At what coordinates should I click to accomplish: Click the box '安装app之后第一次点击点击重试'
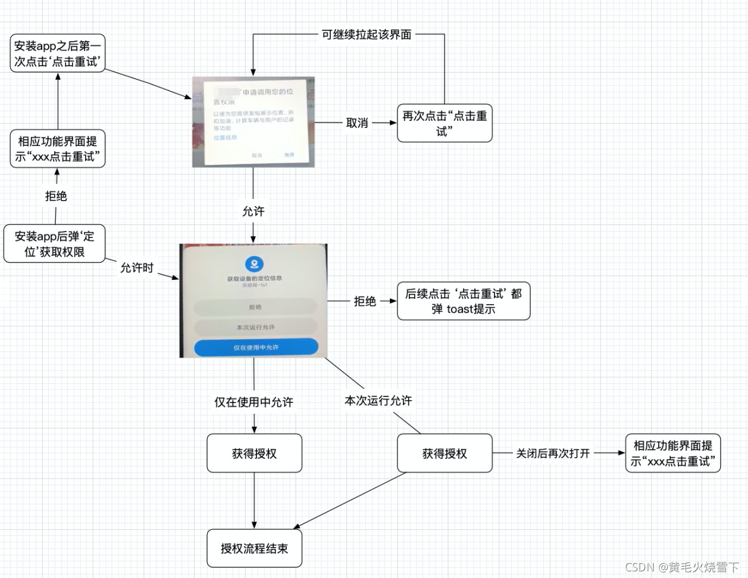pyautogui.click(x=58, y=54)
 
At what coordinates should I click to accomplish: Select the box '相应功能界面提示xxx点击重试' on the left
pyautogui.click(x=58, y=149)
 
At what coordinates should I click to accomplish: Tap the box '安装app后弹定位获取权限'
pyautogui.click(x=54, y=243)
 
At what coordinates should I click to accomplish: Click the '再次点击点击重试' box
pyautogui.click(x=445, y=123)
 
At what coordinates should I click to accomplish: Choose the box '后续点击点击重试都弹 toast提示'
pyautogui.click(x=463, y=301)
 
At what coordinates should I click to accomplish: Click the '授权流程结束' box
pyautogui.click(x=254, y=548)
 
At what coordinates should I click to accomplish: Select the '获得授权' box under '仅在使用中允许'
pyautogui.click(x=254, y=454)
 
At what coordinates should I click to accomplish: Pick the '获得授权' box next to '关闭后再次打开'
pyautogui.click(x=445, y=454)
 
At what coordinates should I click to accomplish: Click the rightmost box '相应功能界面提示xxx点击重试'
pyautogui.click(x=672, y=454)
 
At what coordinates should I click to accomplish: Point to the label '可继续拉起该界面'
pyautogui.click(x=367, y=35)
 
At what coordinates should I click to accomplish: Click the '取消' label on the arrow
pyautogui.click(x=357, y=123)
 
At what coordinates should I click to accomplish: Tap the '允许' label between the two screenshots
pyautogui.click(x=253, y=211)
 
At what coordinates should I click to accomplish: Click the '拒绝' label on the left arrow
pyautogui.click(x=56, y=196)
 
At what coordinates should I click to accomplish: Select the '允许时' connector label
pyautogui.click(x=137, y=268)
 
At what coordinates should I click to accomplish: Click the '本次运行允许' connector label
pyautogui.click(x=378, y=401)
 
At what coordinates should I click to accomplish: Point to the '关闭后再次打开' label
pyautogui.click(x=553, y=454)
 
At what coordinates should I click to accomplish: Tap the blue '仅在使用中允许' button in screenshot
pyautogui.click(x=256, y=347)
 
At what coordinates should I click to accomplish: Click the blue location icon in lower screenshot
pyautogui.click(x=255, y=264)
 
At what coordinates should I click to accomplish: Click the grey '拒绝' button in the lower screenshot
pyautogui.click(x=255, y=307)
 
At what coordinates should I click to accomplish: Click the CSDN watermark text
pyautogui.click(x=682, y=567)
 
